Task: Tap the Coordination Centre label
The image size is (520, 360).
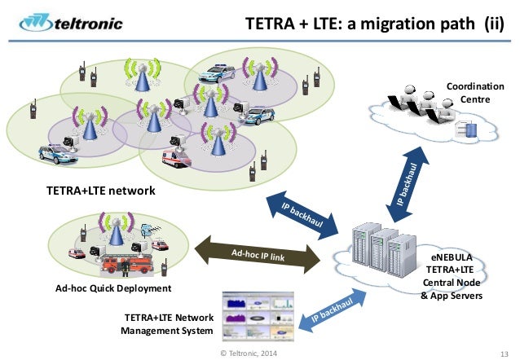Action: (x=476, y=92)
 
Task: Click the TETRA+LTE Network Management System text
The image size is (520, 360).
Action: (x=165, y=323)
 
